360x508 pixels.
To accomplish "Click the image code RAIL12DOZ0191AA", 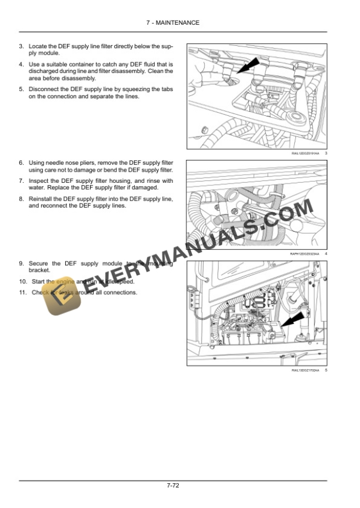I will click(305, 153).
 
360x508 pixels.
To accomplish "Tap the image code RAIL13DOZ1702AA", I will click(305, 370).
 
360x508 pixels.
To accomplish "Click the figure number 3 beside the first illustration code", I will click(326, 153).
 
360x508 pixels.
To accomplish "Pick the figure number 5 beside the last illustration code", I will click(326, 370).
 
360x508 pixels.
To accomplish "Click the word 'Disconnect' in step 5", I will click(44, 89).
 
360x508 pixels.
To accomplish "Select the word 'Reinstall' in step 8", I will click(41, 199).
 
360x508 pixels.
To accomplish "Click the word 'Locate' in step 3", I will click(38, 45).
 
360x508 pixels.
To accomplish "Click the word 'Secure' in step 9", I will click(39, 263).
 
